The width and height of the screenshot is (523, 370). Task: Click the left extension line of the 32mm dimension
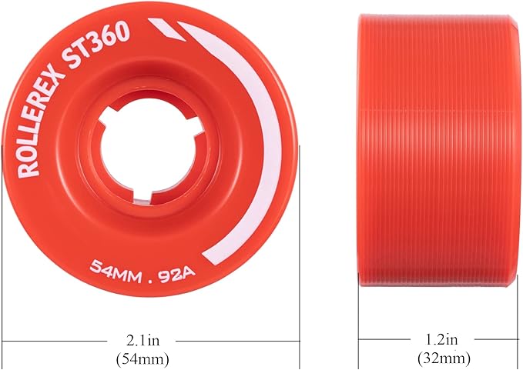(x=358, y=323)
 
